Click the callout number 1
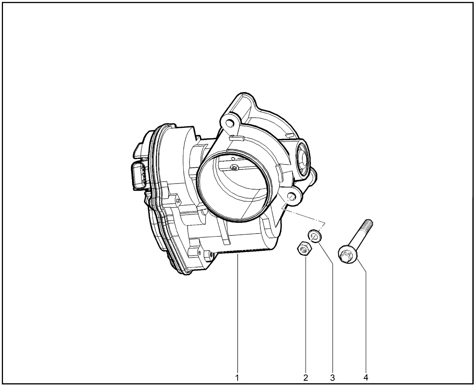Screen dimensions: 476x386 237,378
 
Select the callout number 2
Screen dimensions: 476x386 306,378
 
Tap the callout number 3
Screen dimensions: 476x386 332,378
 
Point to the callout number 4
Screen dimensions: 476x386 366,377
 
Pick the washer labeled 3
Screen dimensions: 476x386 315,236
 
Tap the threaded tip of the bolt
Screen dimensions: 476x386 367,224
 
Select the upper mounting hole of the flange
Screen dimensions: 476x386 230,122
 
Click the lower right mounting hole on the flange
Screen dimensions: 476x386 291,197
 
